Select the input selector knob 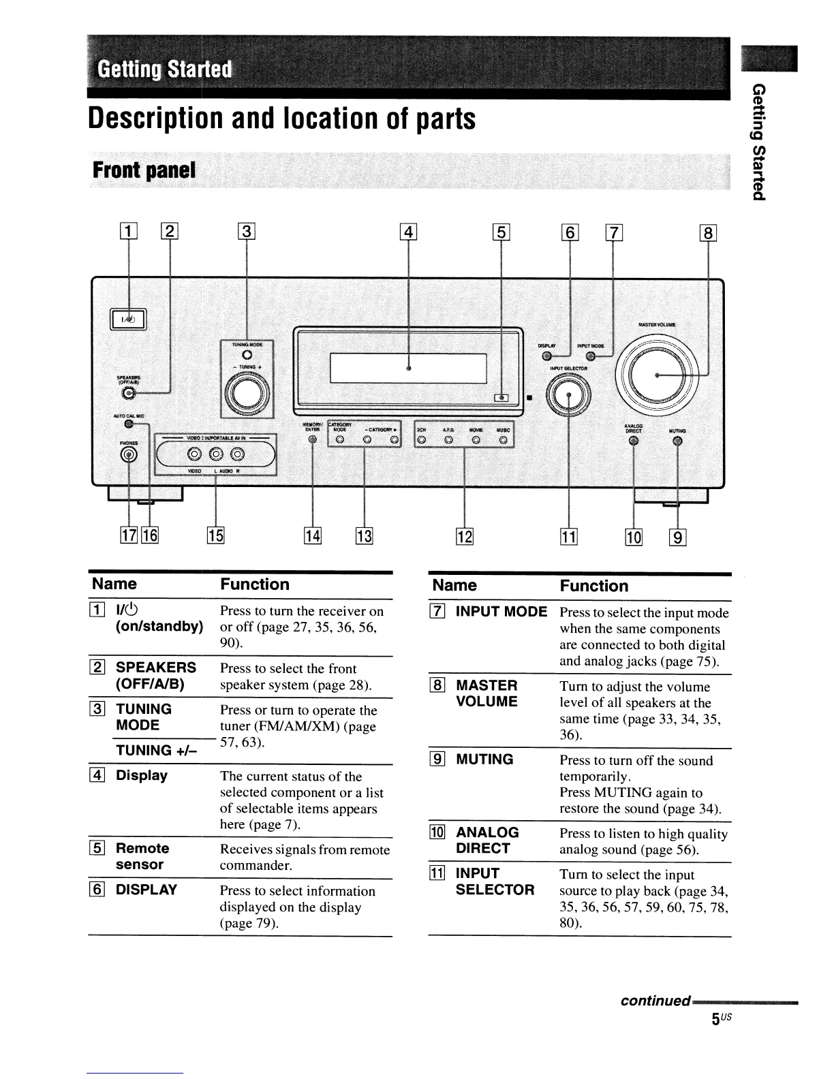569,397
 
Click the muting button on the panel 677,441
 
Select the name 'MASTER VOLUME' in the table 486,693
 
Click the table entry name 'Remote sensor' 142,856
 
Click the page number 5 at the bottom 716,1019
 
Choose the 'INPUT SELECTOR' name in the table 495,881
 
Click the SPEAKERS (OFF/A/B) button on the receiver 127,393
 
